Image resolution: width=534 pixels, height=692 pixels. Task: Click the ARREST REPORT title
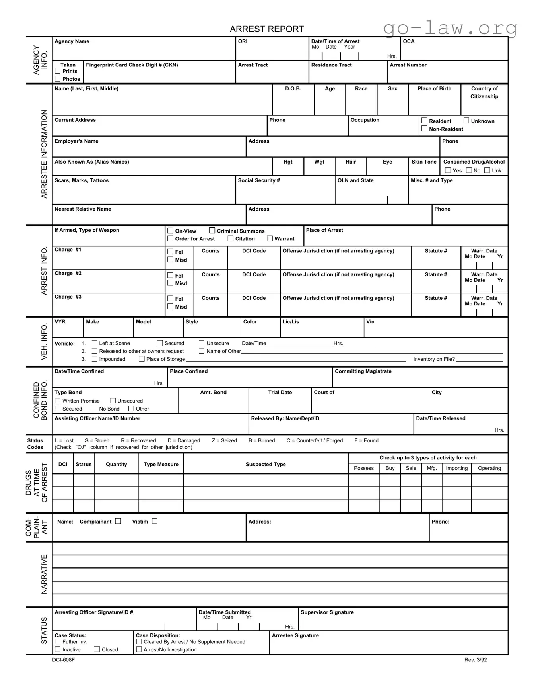266,29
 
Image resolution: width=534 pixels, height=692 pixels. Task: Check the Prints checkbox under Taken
58,71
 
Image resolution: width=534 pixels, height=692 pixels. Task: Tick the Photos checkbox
58,79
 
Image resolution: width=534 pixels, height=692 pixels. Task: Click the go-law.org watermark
450,28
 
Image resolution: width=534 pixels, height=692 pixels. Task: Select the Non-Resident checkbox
424,129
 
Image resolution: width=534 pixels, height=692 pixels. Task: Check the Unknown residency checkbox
466,121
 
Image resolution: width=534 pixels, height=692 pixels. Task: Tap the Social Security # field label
258,180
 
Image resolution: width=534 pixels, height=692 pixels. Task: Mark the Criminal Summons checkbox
212,231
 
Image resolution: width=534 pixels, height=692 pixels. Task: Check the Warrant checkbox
270,238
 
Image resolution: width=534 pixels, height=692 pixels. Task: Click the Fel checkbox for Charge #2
170,275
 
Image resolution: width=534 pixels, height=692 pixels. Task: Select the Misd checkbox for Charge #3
170,307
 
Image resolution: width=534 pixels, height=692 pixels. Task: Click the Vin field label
370,322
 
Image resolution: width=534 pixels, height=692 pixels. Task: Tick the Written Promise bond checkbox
58,401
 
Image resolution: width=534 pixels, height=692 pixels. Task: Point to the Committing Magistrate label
363,371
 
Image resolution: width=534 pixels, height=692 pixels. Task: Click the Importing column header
456,468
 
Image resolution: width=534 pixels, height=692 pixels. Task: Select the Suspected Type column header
265,464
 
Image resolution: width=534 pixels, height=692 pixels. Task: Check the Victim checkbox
155,521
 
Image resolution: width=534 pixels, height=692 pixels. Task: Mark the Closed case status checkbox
97,649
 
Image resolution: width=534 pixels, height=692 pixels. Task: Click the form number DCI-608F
63,660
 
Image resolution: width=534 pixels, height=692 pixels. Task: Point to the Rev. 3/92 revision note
475,660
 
